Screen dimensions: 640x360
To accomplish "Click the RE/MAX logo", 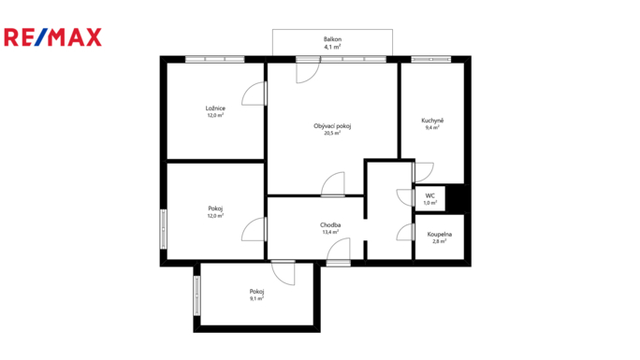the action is pyautogui.click(x=52, y=37).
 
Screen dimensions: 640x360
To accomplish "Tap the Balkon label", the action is pyautogui.click(x=332, y=39).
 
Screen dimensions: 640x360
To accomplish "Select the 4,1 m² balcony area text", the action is pyautogui.click(x=332, y=47).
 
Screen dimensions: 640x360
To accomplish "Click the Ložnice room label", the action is pyautogui.click(x=215, y=108).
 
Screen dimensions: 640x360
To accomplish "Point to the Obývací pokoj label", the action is pyautogui.click(x=332, y=126).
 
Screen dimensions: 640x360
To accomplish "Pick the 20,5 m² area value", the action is pyautogui.click(x=332, y=133).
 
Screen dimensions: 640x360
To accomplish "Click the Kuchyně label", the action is pyautogui.click(x=432, y=121).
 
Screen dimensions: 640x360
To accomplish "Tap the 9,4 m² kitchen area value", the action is pyautogui.click(x=432, y=127).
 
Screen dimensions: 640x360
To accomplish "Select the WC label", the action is pyautogui.click(x=429, y=195).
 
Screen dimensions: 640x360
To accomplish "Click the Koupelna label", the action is pyautogui.click(x=439, y=235).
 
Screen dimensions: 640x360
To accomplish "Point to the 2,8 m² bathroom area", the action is pyautogui.click(x=439, y=241).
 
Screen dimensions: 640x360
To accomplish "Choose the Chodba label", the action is pyautogui.click(x=330, y=225).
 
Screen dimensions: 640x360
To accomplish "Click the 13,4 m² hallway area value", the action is pyautogui.click(x=330, y=232).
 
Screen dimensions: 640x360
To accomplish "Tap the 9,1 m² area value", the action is pyautogui.click(x=256, y=298).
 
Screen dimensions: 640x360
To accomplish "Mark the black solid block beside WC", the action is pyautogui.click(x=457, y=198).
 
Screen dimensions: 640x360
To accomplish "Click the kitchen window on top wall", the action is pyautogui.click(x=430, y=59).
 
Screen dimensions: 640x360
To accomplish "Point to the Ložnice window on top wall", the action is pyautogui.click(x=214, y=59).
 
